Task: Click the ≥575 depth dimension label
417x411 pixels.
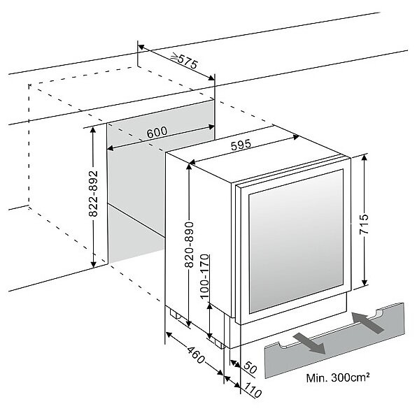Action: (185, 61)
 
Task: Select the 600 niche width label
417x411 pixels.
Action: (157, 132)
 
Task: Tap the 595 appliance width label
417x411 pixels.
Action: (241, 145)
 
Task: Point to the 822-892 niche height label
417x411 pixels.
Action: (93, 194)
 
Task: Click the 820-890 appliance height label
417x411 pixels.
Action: (189, 245)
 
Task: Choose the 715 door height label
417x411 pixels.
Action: (364, 224)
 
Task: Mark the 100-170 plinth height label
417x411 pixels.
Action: (205, 277)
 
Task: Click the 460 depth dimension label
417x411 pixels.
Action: (197, 355)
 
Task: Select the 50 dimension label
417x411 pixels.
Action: (250, 368)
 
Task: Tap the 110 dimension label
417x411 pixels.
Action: (253, 390)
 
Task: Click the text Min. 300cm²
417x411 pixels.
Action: (338, 377)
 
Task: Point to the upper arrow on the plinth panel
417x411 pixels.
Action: (367, 323)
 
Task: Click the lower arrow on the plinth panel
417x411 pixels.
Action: (309, 344)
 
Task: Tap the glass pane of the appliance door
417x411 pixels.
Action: (296, 241)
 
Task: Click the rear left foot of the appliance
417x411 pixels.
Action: (174, 314)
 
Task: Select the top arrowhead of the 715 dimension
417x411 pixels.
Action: (365, 158)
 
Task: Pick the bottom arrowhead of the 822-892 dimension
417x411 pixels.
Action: (93, 264)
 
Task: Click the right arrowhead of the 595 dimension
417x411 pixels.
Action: (295, 137)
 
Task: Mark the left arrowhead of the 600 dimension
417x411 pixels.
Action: (111, 148)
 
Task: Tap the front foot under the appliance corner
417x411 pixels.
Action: (220, 345)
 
